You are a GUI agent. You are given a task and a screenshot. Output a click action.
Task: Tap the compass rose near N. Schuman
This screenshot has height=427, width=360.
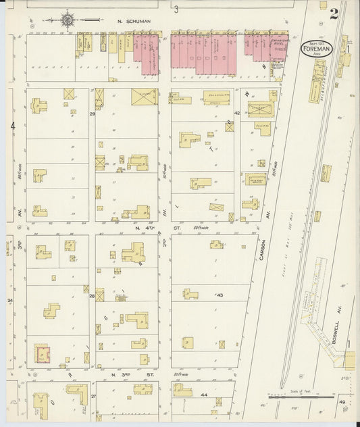pyautogui.click(x=69, y=20)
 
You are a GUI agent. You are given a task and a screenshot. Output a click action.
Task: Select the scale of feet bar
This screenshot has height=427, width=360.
pyautogui.click(x=298, y=397)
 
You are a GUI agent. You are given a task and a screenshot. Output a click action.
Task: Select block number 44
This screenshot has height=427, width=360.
pyautogui.click(x=203, y=393)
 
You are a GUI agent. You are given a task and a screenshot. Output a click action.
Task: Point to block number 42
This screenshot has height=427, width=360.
pyautogui.click(x=237, y=114)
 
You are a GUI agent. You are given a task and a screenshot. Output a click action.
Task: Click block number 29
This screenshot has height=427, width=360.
pyautogui.click(x=93, y=114)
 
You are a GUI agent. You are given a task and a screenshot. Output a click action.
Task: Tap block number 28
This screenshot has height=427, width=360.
pyautogui.click(x=92, y=296)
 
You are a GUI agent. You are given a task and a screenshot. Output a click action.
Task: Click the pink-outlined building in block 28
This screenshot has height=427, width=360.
pyautogui.click(x=43, y=353)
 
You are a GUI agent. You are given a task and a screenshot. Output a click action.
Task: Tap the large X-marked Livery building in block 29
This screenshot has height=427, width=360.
pyautogui.click(x=144, y=97)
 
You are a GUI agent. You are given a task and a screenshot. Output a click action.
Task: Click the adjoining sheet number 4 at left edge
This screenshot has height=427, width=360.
pyautogui.click(x=12, y=126)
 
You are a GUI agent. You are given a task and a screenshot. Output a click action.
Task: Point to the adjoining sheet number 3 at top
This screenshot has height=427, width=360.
pyautogui.click(x=175, y=9)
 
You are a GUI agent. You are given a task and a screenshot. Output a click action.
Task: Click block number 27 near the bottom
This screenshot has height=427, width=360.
pyautogui.click(x=94, y=396)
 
